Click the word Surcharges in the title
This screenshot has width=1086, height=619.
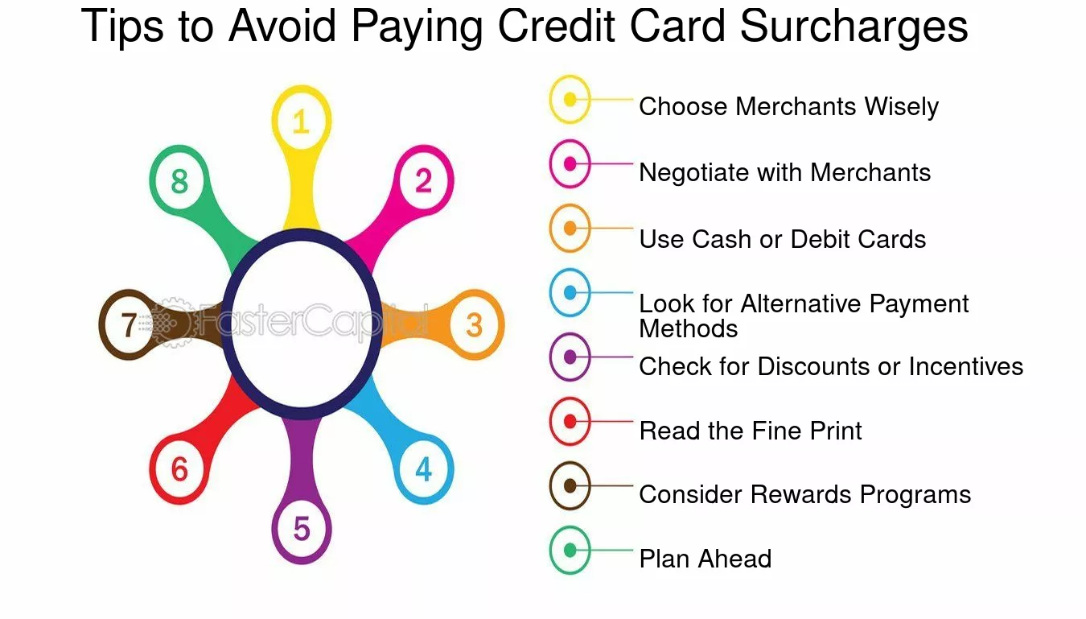854,27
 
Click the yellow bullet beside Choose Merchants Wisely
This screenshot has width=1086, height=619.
570,100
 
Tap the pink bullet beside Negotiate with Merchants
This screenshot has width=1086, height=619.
570,164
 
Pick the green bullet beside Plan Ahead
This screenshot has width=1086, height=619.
570,550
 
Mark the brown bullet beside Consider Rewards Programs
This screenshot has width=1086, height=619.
570,485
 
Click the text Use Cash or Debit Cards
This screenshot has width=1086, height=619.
783,239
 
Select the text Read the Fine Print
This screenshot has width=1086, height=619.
751,431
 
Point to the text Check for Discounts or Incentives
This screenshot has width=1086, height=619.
831,366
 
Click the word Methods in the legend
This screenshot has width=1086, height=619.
689,328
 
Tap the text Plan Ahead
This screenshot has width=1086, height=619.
705,559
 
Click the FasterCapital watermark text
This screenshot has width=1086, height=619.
291,321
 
